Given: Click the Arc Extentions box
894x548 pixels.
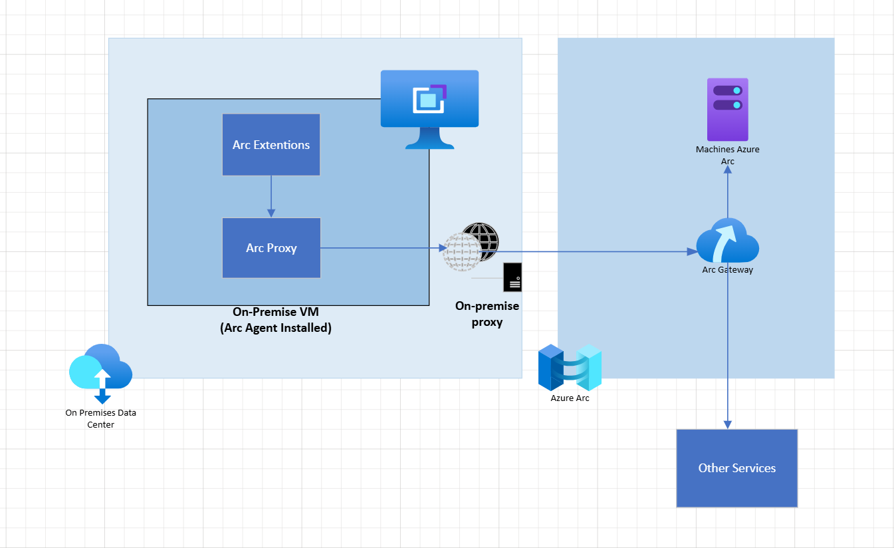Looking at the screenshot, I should coord(271,144).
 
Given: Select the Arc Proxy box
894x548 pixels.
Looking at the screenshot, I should coord(271,248).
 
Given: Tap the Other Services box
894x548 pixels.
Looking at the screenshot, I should coord(736,468).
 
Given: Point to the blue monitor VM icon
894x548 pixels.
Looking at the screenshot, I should coord(429,106).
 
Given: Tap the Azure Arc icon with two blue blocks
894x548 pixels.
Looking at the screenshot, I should coord(570,367).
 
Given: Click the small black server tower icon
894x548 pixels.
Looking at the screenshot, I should coord(512,277).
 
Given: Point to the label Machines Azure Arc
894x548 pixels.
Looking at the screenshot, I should coord(727,155).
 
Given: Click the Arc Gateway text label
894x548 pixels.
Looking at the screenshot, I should coord(727,270).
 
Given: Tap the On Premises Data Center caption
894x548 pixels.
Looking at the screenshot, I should coord(100,418).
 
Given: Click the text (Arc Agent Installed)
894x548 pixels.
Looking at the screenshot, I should coord(275,327).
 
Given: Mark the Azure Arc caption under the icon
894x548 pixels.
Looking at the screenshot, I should coord(570,398).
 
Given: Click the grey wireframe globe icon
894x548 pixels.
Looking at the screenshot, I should coord(462,252).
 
